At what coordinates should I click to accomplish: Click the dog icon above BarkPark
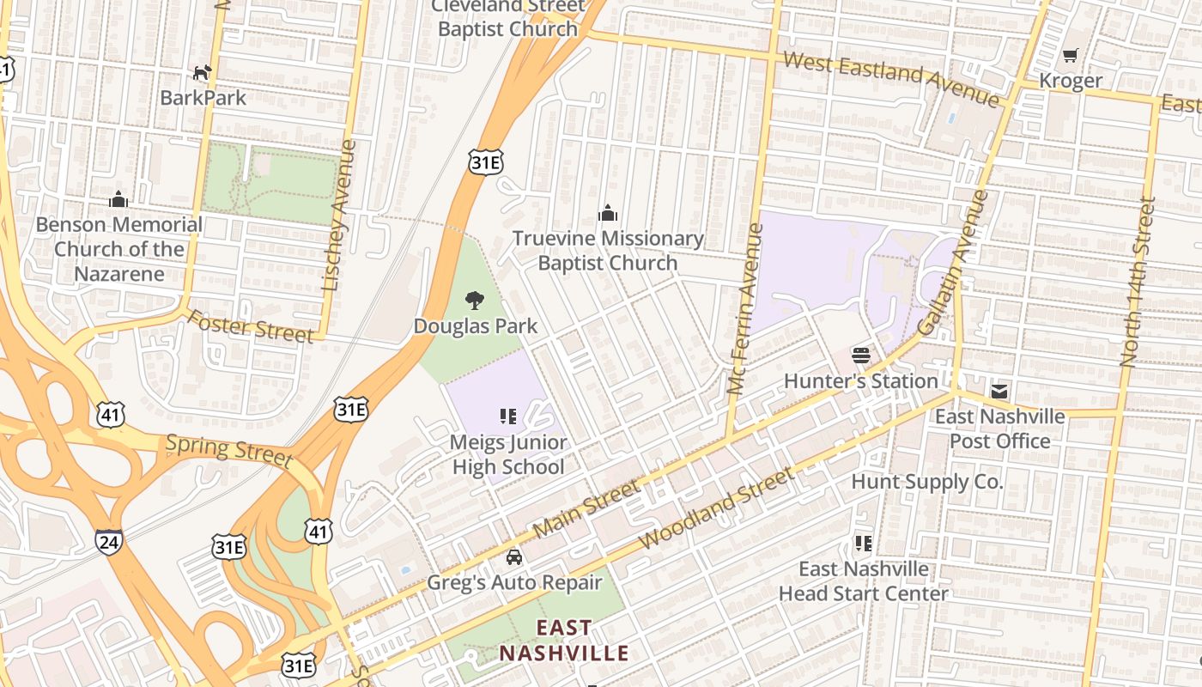202,73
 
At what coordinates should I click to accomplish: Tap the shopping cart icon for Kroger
1070,56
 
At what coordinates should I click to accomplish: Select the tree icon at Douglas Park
474,301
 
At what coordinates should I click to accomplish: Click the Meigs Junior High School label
508,455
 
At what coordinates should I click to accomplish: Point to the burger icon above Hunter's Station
861,355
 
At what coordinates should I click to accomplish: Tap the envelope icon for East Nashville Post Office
999,392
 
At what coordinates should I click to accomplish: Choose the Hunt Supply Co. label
926,482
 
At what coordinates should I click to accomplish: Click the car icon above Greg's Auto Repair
513,557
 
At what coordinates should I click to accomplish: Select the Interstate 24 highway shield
108,541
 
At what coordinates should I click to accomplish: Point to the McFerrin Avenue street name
744,309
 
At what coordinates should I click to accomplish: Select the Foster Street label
250,326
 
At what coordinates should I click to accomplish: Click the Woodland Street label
718,508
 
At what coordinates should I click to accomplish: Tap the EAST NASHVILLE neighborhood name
564,641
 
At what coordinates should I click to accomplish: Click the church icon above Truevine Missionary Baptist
608,213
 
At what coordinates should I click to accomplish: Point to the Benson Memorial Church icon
118,200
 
